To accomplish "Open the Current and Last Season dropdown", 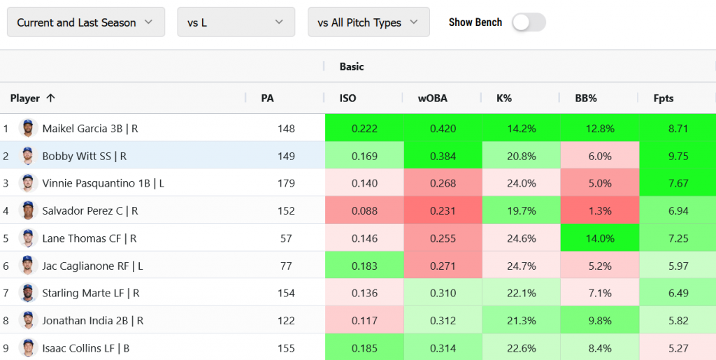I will point(85,22).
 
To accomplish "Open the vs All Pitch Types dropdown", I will point(368,22).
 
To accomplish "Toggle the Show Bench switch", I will point(528,22).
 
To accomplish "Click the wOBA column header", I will point(433,99).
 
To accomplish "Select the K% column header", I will point(504,99).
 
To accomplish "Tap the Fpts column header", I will point(664,99).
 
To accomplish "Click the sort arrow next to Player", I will point(50,99).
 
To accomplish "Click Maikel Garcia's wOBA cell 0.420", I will point(443,129).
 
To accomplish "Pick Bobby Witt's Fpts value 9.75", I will point(678,156).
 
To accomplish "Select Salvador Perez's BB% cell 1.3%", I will point(599,210).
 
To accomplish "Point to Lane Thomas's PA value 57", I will point(286,238).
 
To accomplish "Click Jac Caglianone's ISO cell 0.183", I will point(364,266).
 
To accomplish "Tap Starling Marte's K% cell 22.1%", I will point(521,293).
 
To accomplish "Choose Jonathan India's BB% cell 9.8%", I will point(599,321).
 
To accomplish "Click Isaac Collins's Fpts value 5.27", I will point(678,348).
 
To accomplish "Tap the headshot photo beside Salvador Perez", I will point(28,210).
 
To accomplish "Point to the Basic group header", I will point(352,66).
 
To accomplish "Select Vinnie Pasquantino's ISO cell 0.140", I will point(364,183).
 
